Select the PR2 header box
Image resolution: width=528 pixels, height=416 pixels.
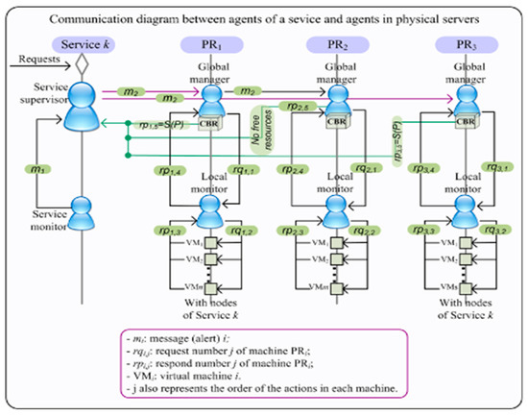(x=329, y=45)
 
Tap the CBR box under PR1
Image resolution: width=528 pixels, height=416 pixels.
(x=209, y=122)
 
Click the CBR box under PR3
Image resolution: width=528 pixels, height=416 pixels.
(x=465, y=122)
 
